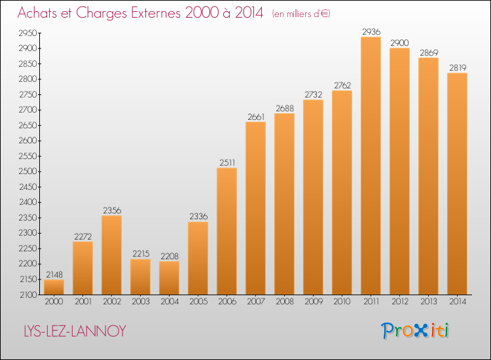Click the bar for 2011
[x=371, y=166]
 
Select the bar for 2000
[x=54, y=287]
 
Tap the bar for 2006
[x=227, y=231]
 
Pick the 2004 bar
[x=169, y=278]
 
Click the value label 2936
[x=371, y=31]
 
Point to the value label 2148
[x=54, y=274]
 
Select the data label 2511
[x=227, y=162]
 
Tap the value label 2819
[x=458, y=67]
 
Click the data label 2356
[x=112, y=210]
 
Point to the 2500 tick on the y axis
[x=28, y=171]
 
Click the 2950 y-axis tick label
[x=28, y=33]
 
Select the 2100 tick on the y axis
[x=29, y=295]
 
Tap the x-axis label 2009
[x=314, y=302]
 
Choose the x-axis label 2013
[x=429, y=302]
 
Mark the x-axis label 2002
[x=112, y=302]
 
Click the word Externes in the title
[x=156, y=13]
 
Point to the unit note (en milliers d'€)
[x=301, y=14]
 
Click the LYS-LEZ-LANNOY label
[x=75, y=331]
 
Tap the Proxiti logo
[x=415, y=331]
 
